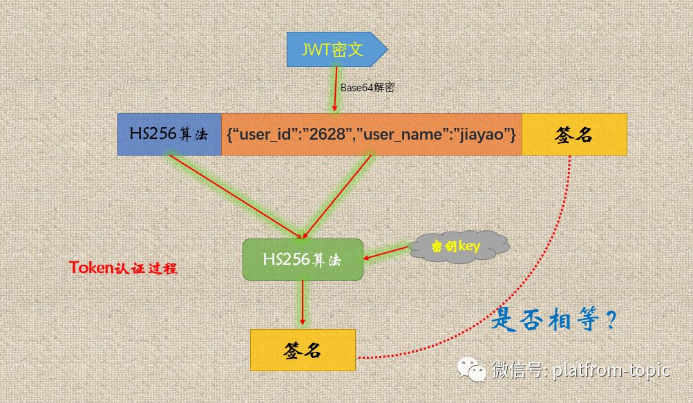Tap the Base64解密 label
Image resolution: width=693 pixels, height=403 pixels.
tap(368, 88)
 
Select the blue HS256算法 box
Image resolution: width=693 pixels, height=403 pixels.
tap(169, 134)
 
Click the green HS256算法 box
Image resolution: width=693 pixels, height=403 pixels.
tap(303, 259)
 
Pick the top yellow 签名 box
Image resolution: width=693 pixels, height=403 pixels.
tap(574, 134)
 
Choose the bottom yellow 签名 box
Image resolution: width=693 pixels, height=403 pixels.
tap(303, 350)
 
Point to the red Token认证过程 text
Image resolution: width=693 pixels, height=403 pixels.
tap(123, 268)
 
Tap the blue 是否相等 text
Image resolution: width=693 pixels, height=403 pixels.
tap(553, 320)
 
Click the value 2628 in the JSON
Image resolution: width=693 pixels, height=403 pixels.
tap(327, 133)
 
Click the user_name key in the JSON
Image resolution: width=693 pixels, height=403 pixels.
tap(402, 133)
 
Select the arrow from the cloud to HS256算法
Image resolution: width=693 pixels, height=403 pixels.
tap(387, 253)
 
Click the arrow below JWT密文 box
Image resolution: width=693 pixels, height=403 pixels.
tap(336, 90)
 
